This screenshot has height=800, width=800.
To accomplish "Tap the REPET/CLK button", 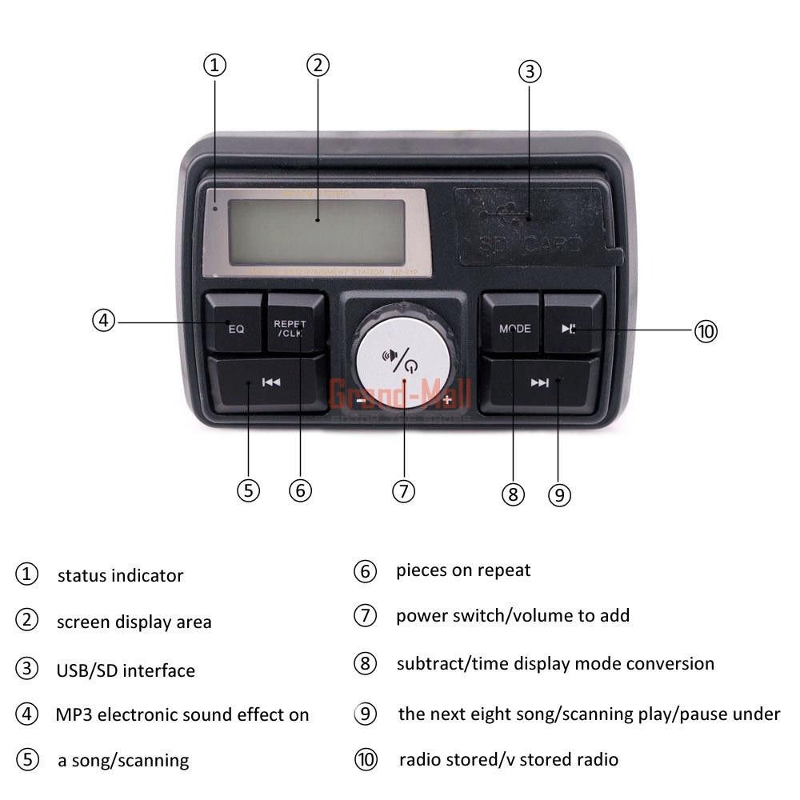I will click(295, 324).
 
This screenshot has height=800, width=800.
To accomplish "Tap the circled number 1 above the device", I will click(214, 66).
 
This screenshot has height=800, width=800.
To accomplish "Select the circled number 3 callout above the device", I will click(530, 71).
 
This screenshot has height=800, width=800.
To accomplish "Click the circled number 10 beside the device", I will click(705, 330).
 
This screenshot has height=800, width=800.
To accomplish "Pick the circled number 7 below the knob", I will click(403, 490).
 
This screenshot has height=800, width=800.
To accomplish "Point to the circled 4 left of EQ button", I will click(103, 321).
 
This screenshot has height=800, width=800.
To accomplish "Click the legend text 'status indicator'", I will click(120, 575).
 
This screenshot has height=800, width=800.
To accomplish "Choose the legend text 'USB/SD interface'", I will click(125, 670).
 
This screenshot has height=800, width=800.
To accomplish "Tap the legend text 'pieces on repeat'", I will click(463, 570).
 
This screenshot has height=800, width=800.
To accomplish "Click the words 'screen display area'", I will click(134, 622).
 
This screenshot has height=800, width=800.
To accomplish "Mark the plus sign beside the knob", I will click(446, 399).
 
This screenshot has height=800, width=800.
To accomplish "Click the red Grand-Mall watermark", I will click(400, 394).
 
